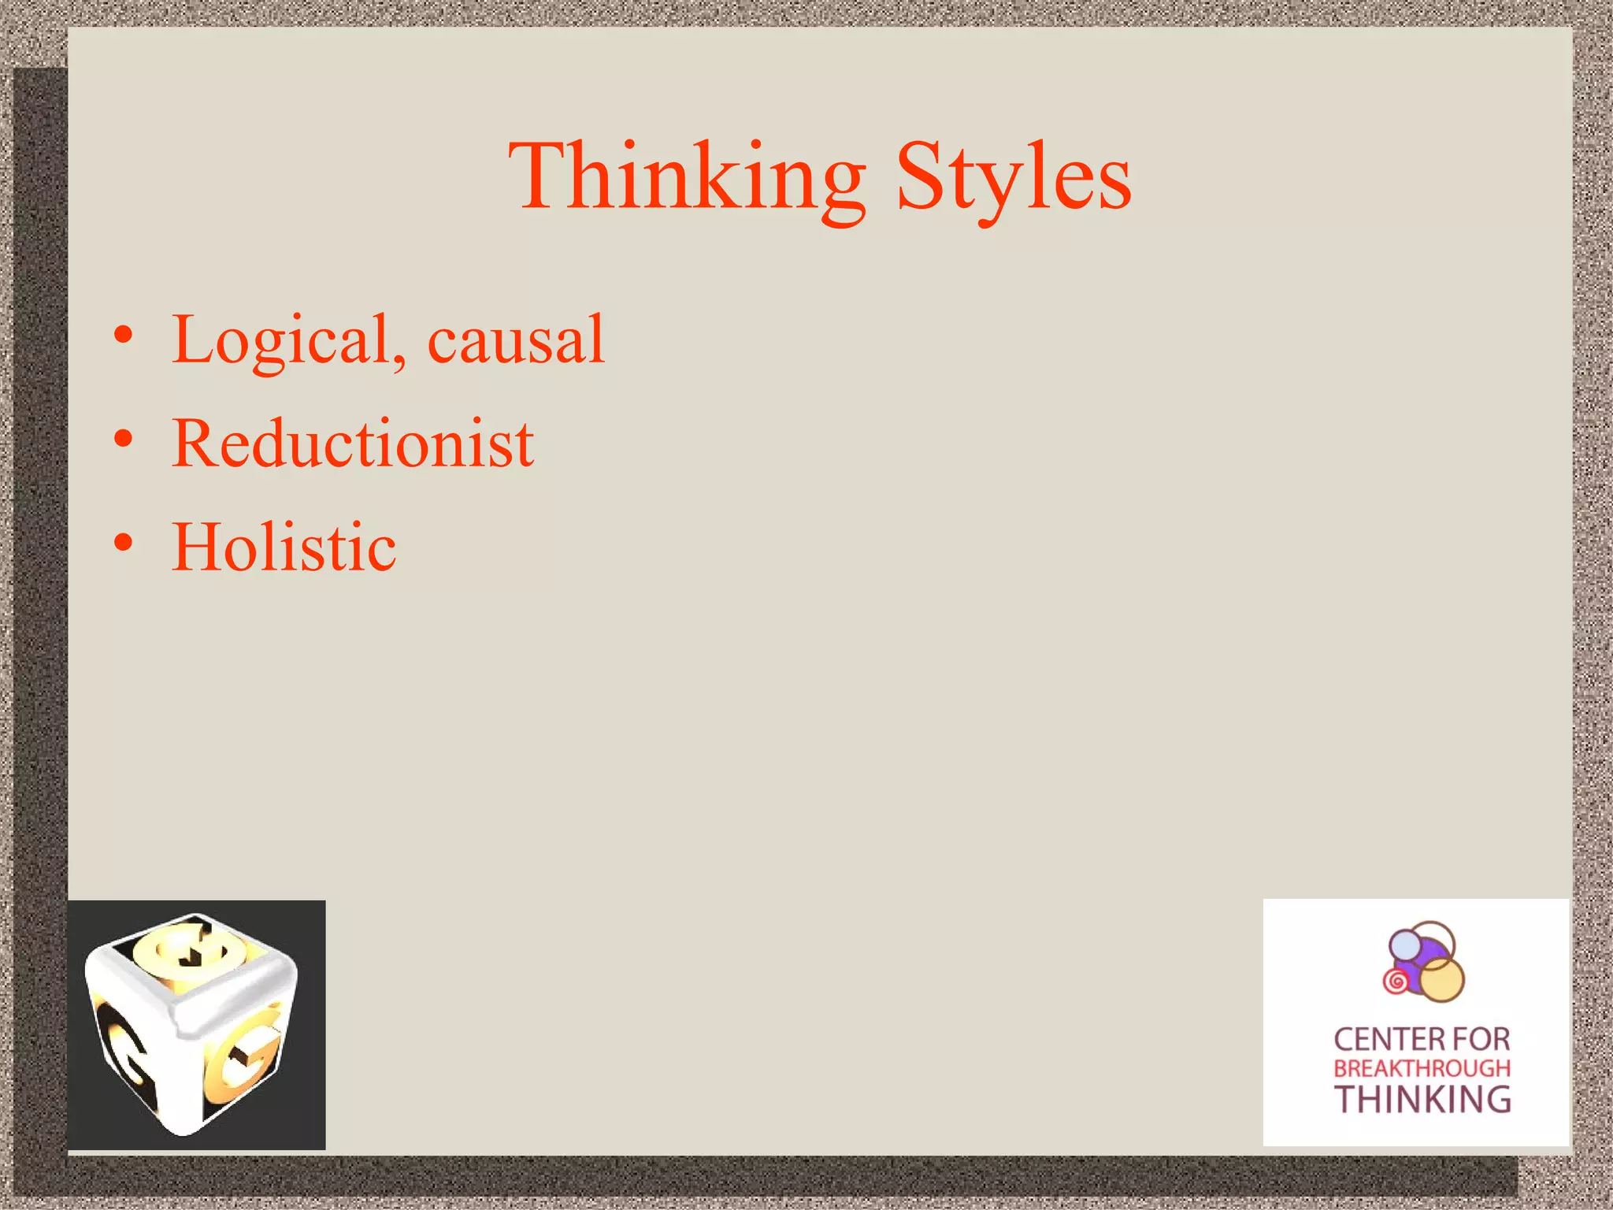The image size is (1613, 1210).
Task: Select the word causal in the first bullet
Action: pos(516,340)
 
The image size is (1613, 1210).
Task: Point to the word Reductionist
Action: pos(353,444)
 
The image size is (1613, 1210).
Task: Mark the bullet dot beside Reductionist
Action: pos(123,440)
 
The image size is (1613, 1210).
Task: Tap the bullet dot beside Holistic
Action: pos(123,543)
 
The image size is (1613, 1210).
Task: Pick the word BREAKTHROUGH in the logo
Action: pos(1422,1069)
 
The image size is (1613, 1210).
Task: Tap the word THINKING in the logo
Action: pos(1422,1100)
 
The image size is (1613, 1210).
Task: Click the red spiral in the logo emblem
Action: pos(1396,982)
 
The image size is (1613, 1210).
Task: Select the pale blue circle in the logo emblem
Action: pos(1403,943)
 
